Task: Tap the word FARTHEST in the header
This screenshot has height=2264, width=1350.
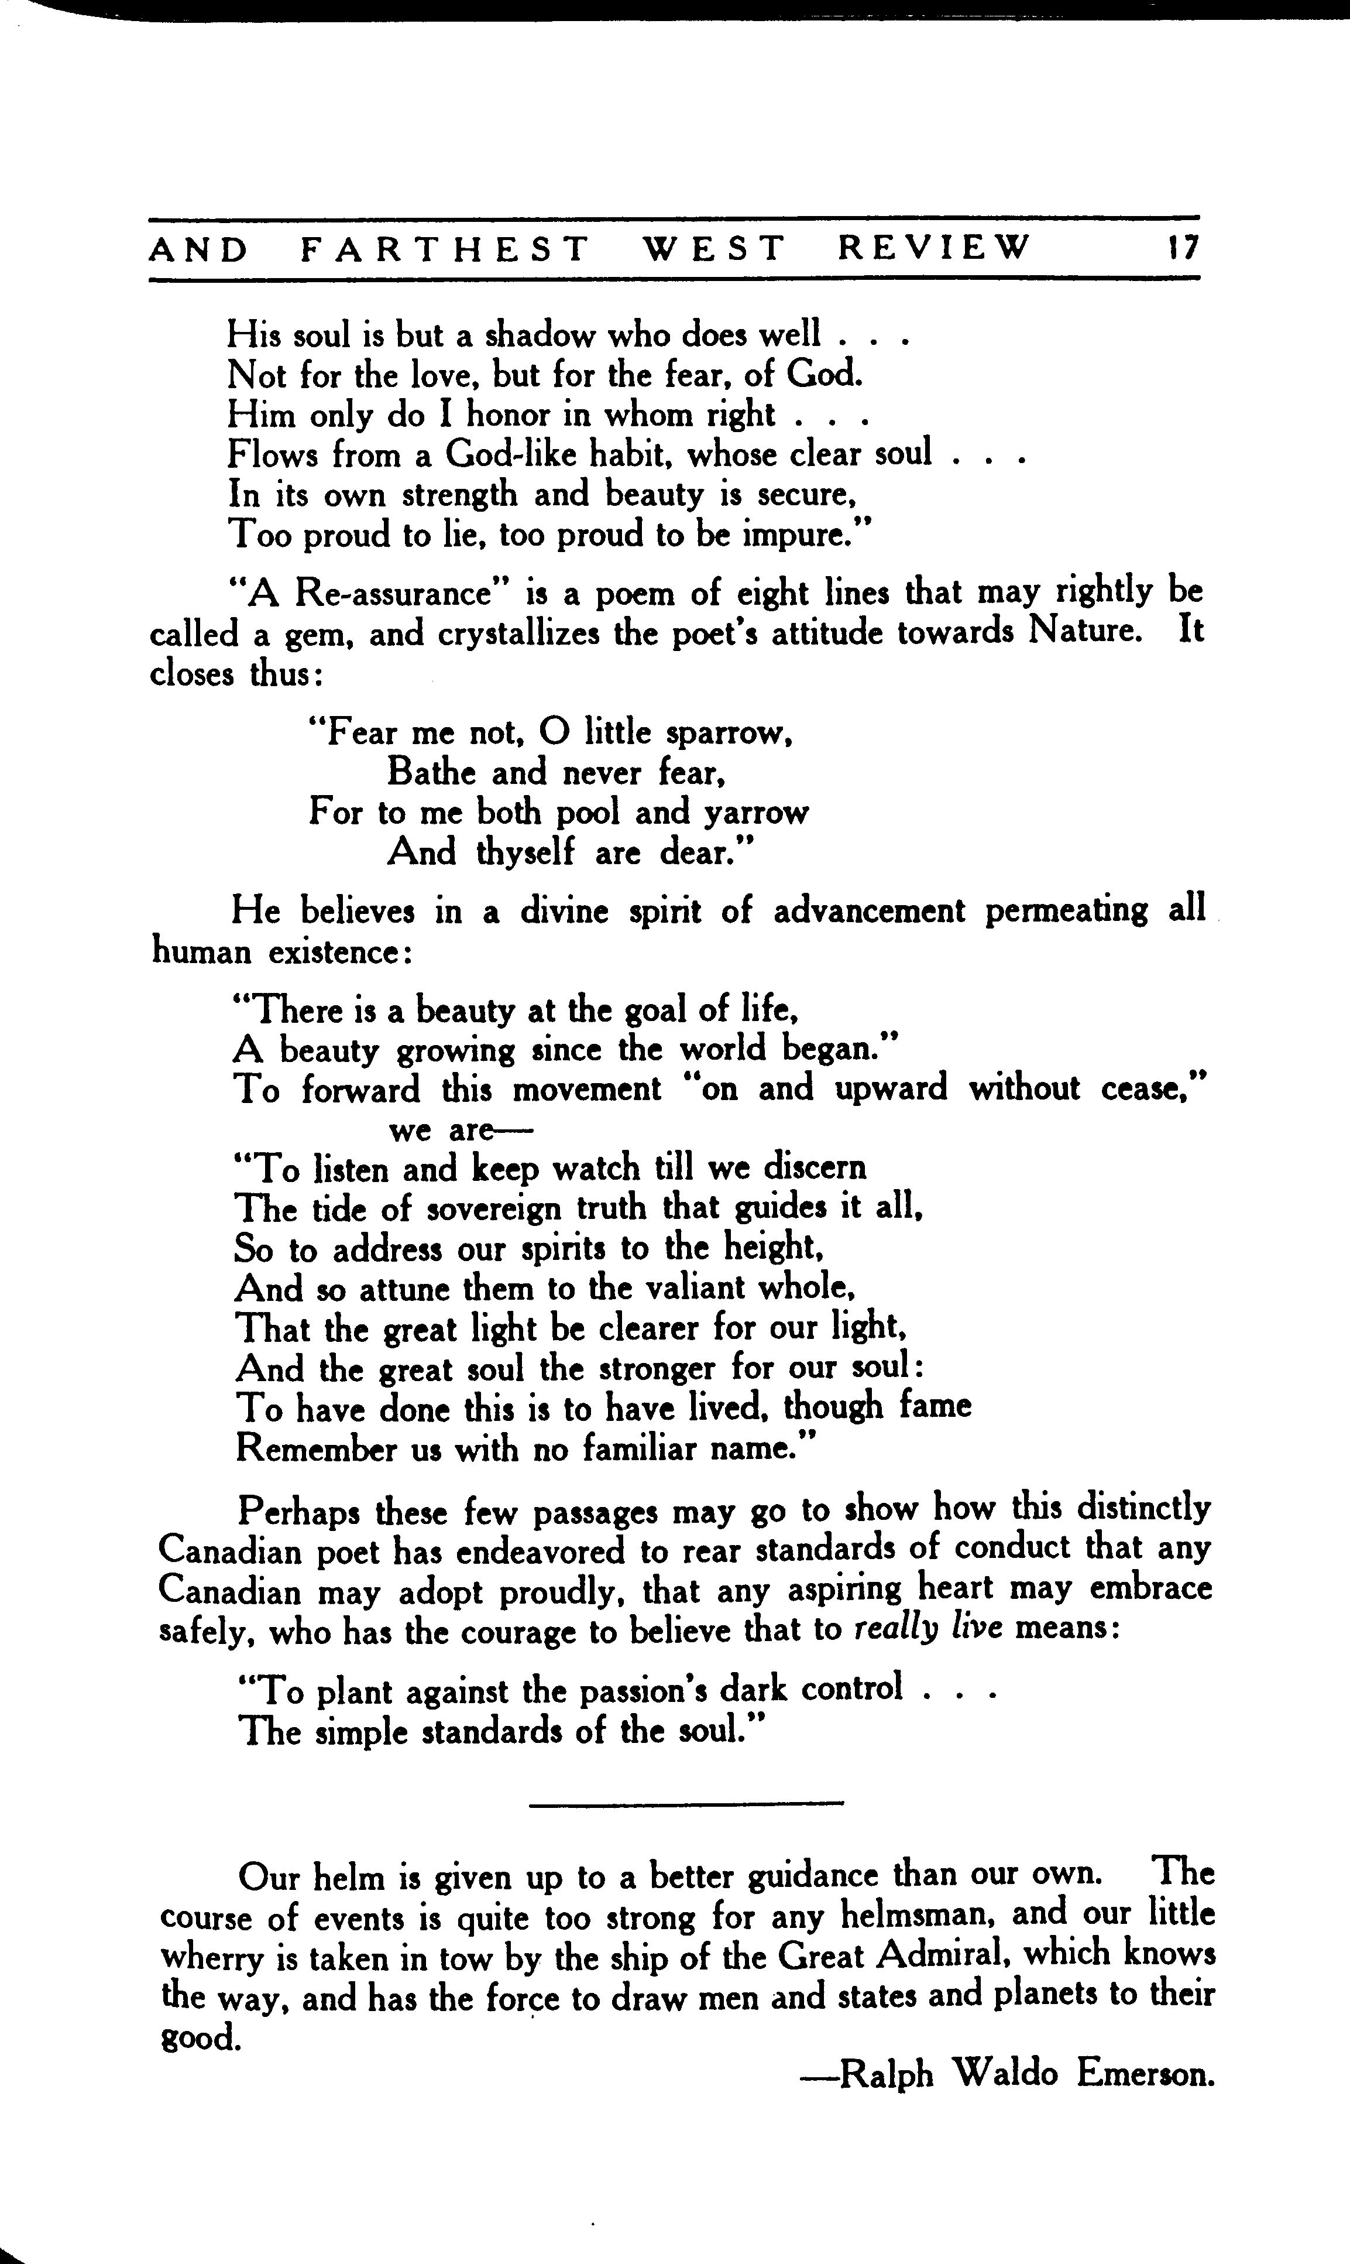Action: coord(445,248)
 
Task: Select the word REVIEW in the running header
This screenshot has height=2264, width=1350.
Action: coord(935,248)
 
